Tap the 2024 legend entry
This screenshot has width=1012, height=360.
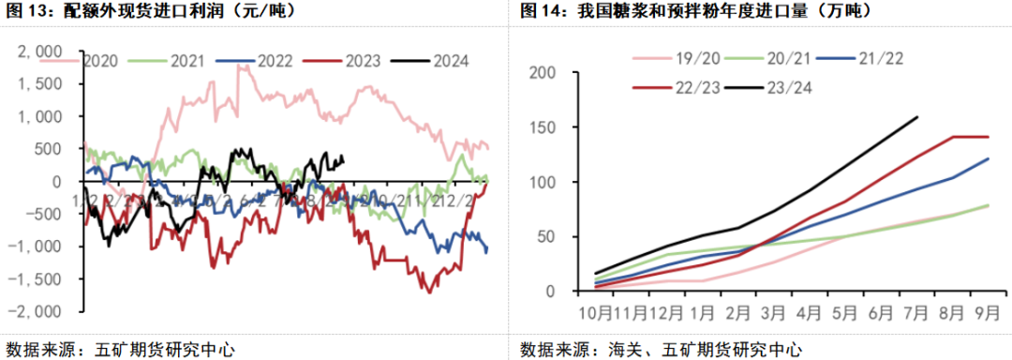pos(451,61)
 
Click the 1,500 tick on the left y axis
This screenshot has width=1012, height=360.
pos(40,82)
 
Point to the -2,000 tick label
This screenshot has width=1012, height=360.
pos(37,311)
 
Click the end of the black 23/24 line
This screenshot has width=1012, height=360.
pos(917,117)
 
